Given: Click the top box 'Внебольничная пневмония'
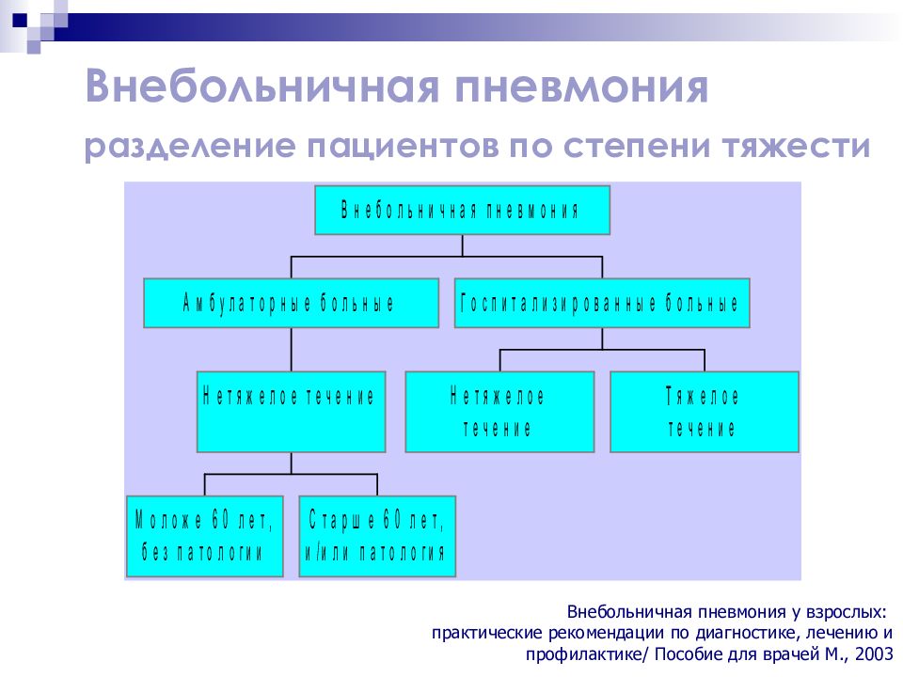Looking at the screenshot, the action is (x=462, y=210).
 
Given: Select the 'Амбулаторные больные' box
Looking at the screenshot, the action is (x=291, y=303).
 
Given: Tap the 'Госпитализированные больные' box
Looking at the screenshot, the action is (x=602, y=303).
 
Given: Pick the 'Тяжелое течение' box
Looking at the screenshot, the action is (x=704, y=412).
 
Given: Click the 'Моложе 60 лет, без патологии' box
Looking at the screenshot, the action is (x=204, y=536).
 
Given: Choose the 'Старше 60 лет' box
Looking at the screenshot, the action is (x=377, y=536).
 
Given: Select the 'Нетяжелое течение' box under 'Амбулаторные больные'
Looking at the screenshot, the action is (x=291, y=412).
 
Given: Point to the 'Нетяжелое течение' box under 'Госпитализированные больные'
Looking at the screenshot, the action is (x=499, y=412).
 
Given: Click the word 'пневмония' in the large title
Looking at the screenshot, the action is (x=581, y=87).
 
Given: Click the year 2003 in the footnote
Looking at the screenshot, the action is (x=874, y=654).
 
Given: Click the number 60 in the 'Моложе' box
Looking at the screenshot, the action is (x=220, y=520).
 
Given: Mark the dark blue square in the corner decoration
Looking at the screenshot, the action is (x=20, y=20).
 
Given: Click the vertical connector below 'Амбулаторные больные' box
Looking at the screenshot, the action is (x=291, y=350).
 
